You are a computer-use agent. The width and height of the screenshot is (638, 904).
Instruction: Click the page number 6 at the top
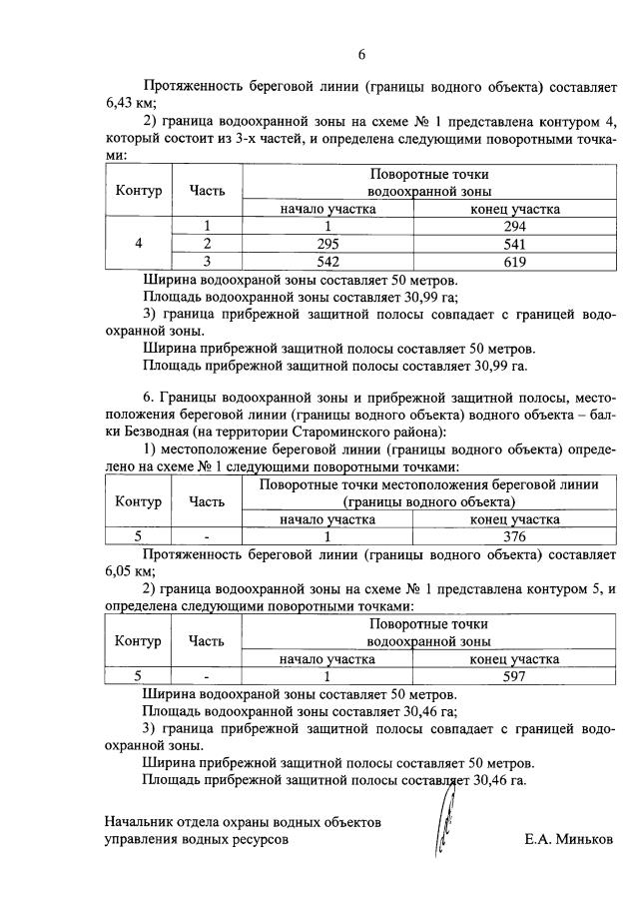pos(362,54)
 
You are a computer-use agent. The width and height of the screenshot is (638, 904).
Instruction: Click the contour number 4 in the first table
pos(139,244)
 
